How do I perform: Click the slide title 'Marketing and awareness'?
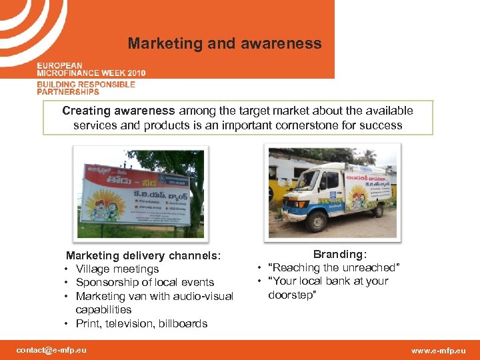pyautogui.click(x=225, y=44)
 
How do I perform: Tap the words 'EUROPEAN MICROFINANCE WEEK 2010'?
pyautogui.click(x=91, y=69)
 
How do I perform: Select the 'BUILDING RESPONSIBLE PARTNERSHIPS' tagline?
pyautogui.click(x=86, y=88)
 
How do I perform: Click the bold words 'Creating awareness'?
pyautogui.click(x=118, y=111)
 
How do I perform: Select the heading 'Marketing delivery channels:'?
pyautogui.click(x=143, y=255)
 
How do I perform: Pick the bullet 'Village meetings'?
pyautogui.click(x=117, y=269)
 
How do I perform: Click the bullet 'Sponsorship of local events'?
pyautogui.click(x=145, y=283)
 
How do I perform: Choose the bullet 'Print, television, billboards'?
pyautogui.click(x=141, y=324)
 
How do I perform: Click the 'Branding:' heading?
pyautogui.click(x=340, y=254)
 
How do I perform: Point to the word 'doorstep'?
pyautogui.click(x=293, y=295)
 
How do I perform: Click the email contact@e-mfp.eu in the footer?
pyautogui.click(x=51, y=350)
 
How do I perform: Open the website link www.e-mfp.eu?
pyautogui.click(x=439, y=351)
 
